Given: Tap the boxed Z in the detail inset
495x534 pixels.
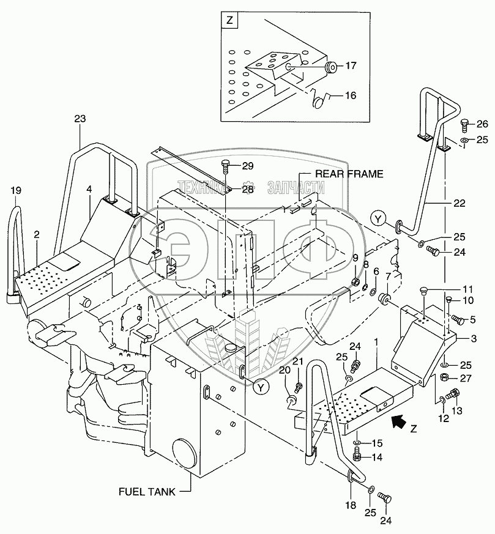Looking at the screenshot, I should pyautogui.click(x=229, y=21).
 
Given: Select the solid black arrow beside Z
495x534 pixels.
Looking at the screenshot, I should pyautogui.click(x=398, y=420).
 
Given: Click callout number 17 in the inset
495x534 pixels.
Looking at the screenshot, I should pyautogui.click(x=350, y=65).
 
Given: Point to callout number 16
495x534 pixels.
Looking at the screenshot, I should pyautogui.click(x=350, y=95).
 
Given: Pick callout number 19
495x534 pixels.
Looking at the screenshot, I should pyautogui.click(x=15, y=191).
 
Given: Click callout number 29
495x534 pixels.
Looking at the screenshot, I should pyautogui.click(x=247, y=166).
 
